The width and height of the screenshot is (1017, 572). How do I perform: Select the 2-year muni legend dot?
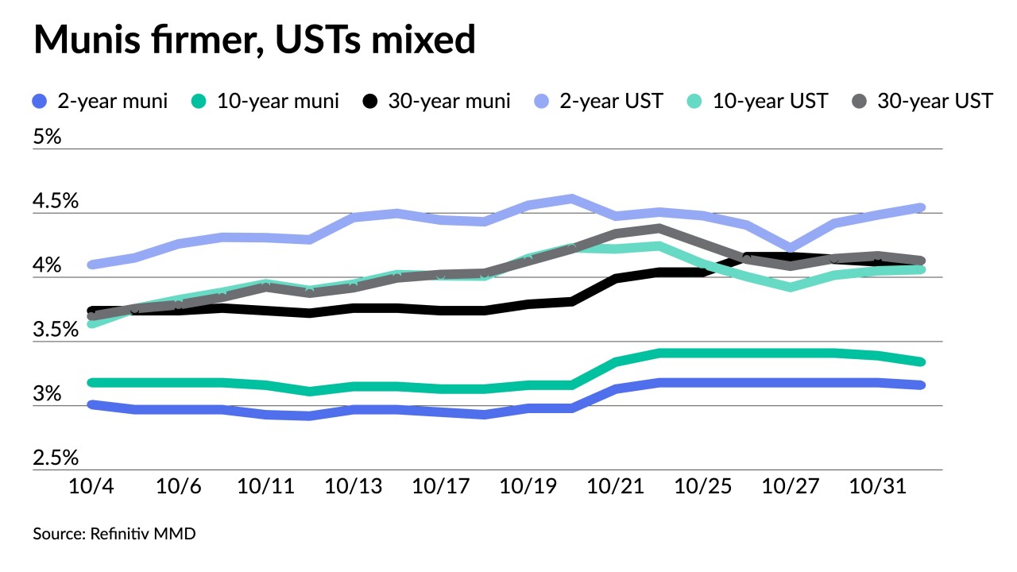tap(40, 102)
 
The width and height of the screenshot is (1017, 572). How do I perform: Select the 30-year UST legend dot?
tap(860, 102)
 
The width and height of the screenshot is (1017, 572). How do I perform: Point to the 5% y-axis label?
tap(47, 137)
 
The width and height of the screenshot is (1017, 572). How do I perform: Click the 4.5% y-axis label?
tap(56, 201)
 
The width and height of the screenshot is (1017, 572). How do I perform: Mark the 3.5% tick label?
tap(56, 330)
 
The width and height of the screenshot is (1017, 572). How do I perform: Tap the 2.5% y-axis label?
tap(56, 458)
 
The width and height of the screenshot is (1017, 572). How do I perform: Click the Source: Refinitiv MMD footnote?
tap(114, 534)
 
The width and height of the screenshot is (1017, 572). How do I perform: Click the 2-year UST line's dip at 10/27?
tap(790, 248)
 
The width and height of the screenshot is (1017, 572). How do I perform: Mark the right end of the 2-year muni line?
tap(921, 385)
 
